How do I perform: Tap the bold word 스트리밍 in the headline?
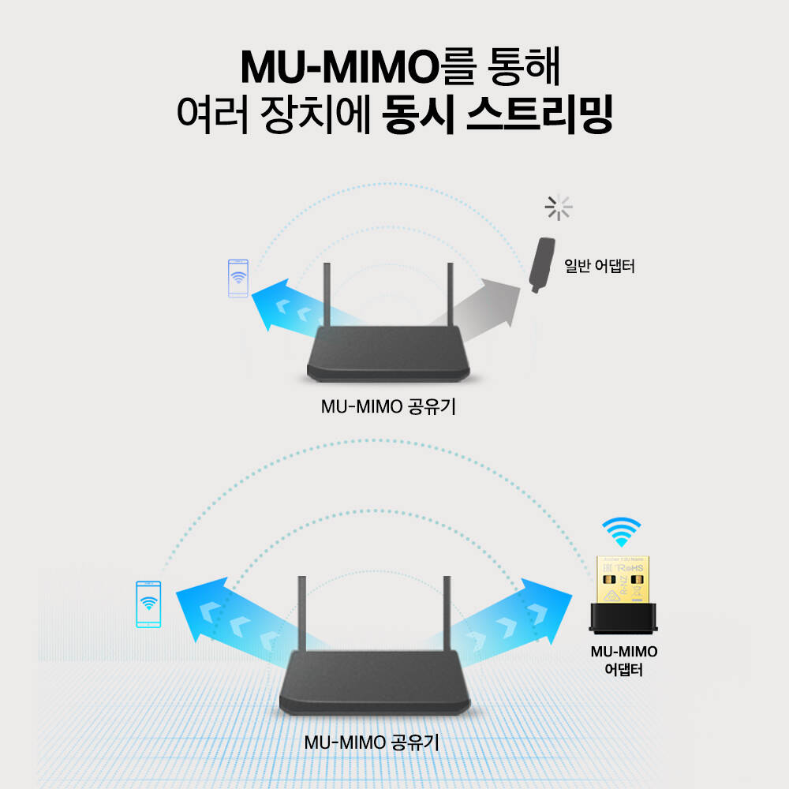pos(540,116)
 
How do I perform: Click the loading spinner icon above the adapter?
pos(559,208)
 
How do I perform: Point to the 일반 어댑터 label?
pos(600,266)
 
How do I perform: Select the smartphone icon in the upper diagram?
pos(237,279)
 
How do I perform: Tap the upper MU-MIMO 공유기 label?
pos(389,407)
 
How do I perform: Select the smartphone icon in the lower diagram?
pos(148,604)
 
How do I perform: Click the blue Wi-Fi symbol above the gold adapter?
pos(621,532)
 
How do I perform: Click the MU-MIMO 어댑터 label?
pos(624,661)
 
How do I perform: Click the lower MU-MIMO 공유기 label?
pos(372,742)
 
